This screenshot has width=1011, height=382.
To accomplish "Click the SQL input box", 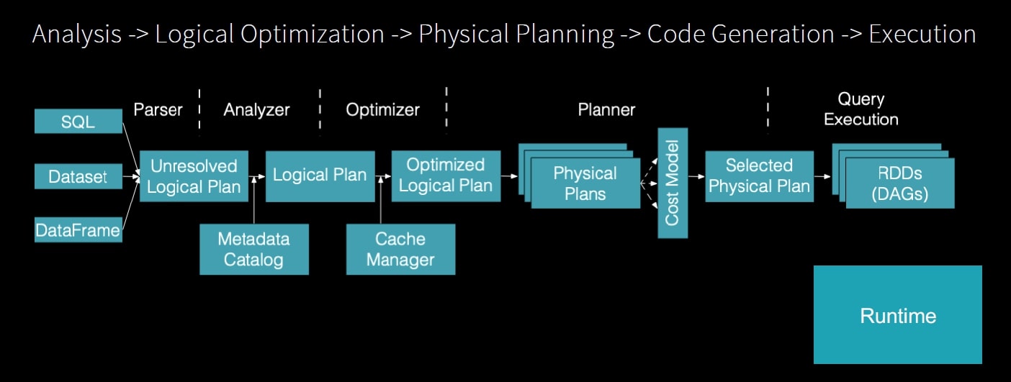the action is point(78,121).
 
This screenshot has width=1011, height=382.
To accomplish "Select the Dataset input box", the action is point(78,176).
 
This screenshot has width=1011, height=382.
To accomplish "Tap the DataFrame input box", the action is point(78,230).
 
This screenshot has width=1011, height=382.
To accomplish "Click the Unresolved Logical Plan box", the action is point(194,176).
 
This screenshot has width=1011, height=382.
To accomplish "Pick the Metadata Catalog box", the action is point(254,250).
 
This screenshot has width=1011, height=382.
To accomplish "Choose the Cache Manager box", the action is point(401,250).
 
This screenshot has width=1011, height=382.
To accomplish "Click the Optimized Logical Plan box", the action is point(446,176).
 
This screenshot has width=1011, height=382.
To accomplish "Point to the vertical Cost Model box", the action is point(673,183).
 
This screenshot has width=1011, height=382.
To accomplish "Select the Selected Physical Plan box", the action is point(759,176).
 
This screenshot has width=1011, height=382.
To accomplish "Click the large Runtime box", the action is point(898,315).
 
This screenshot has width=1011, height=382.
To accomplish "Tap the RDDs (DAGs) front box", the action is point(900,183).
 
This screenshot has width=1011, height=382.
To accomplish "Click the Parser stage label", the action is point(158,109).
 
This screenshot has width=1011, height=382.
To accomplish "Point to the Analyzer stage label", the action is point(256,109).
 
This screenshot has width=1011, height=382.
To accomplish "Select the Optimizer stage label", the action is point(383,109).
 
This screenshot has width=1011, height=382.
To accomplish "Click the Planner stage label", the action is point(606,109).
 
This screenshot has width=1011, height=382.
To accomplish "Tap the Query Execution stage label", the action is point(861,109).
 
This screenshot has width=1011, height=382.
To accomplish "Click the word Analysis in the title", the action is point(77,35).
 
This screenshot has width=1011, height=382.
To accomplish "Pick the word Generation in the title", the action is point(773,35).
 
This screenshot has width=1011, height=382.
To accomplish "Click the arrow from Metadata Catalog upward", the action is point(254,200).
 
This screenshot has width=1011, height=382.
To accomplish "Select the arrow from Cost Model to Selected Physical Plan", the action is point(696,176).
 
